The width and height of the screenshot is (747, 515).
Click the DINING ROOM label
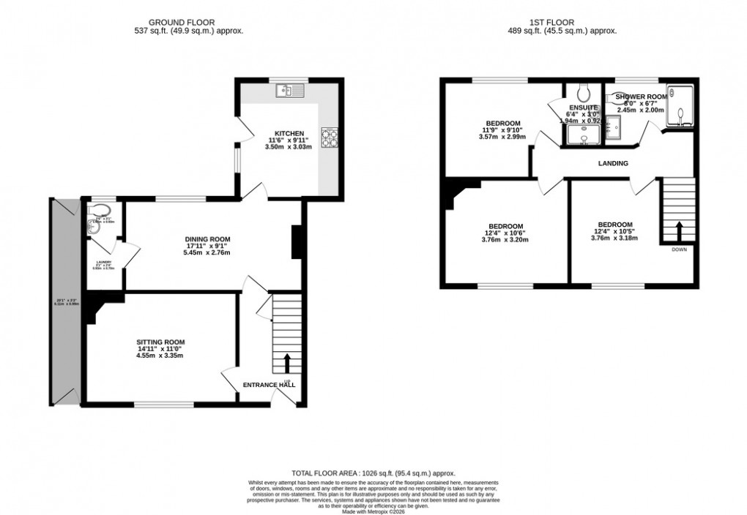pyautogui.click(x=207, y=238)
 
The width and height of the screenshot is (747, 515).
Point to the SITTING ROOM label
pyautogui.click(x=160, y=342)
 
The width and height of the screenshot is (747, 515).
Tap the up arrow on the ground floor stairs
pyautogui.click(x=286, y=363)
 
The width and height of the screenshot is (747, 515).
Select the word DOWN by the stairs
pyautogui.click(x=679, y=250)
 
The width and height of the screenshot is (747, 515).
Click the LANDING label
pyautogui.click(x=613, y=163)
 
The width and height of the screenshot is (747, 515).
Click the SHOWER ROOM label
pyautogui.click(x=641, y=97)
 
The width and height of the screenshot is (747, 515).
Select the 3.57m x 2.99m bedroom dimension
pyautogui.click(x=502, y=137)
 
